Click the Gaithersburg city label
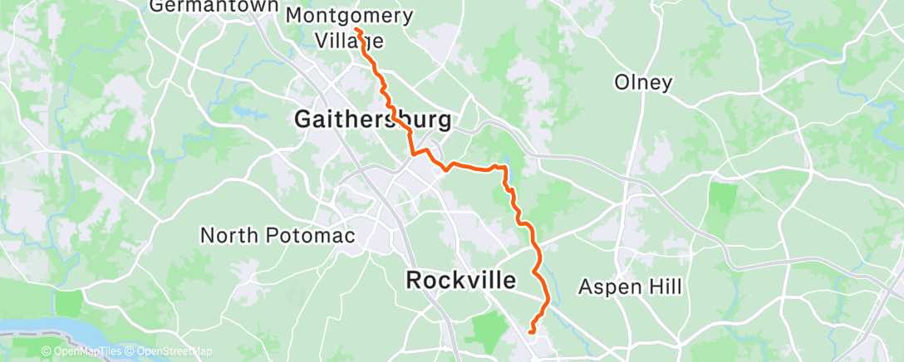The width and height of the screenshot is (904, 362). coord(373,120)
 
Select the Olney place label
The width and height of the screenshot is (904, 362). coord(643,82)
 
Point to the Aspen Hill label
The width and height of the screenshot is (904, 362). coord(630,287)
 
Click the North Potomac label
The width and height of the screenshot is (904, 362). coord(278,235)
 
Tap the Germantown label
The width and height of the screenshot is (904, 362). coord(213,7)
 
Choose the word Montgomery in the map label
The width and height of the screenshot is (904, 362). coord(349,15)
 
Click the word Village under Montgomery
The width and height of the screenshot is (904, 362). coord(349,39)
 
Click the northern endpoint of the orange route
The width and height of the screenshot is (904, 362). coord(356,30)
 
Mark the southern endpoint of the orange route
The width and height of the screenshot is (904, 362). coord(529,334)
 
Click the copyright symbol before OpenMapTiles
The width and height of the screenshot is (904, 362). coord(47,352)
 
